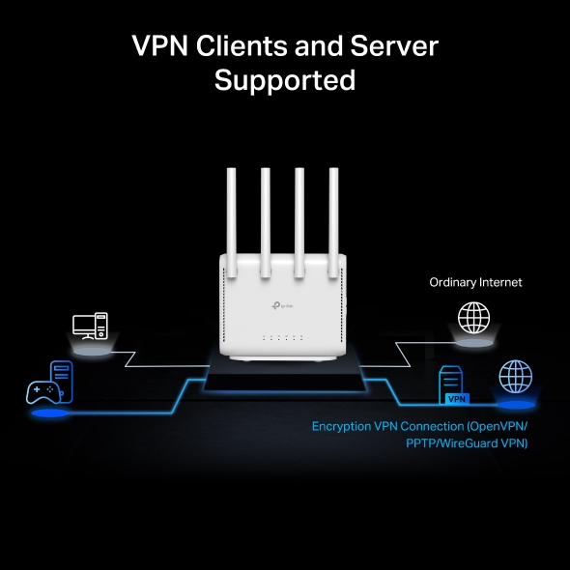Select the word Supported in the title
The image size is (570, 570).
coord(285,80)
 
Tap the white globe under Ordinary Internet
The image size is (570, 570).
coord(472,317)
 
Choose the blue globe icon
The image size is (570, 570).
coord(514,376)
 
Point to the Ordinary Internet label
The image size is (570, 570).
coord(475,282)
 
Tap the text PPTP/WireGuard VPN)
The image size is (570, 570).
coord(467,443)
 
